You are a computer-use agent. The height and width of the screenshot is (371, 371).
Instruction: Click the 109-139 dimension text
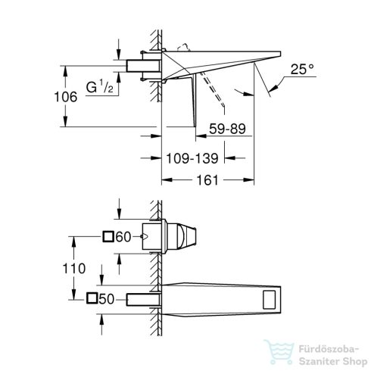[x=191, y=159]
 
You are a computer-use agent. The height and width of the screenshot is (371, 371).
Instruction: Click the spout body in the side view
[x=220, y=61]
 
